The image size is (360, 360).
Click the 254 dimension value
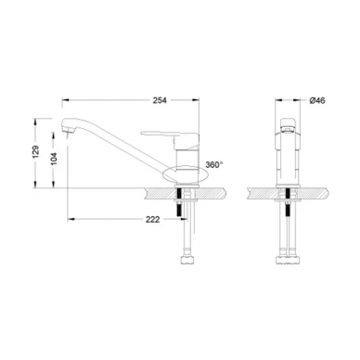tap(160, 100)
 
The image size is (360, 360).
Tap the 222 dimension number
tap(152, 220)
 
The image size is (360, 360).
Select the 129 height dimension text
tap(36, 152)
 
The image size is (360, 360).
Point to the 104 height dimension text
tap(54, 159)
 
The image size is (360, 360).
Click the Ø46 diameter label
tap(317, 100)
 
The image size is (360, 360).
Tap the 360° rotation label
tap(214, 164)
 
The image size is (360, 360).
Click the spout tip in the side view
tap(68, 127)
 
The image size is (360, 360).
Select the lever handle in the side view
tap(170, 135)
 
